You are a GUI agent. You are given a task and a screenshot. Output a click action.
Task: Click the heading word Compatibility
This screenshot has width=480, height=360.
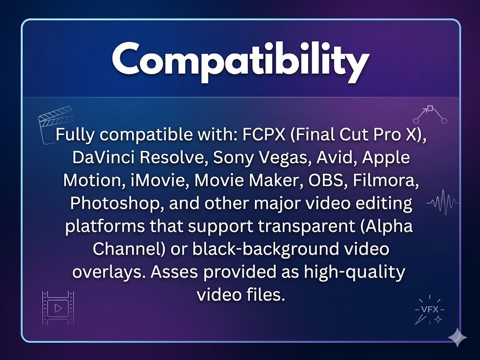pos(240,61)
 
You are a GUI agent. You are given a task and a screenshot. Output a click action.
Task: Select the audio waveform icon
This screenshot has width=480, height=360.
pos(442,202)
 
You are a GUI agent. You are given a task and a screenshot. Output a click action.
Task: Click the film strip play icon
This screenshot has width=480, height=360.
pos(58,308)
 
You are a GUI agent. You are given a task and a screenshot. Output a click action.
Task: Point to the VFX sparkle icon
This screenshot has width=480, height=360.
pos(429,310)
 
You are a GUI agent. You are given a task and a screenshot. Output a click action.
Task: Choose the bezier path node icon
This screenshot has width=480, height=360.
pos(430,114)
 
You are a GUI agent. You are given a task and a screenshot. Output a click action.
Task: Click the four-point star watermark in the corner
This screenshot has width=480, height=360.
pos(457,337)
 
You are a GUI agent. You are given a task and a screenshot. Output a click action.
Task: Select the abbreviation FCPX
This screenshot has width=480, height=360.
pos(264,135)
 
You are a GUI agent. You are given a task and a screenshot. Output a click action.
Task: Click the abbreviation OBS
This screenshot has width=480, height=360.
pos(325,180)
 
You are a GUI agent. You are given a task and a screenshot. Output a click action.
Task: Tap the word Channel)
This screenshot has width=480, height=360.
pos(129,249)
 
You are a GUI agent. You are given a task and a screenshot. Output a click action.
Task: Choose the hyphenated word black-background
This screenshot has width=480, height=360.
pos(266,249)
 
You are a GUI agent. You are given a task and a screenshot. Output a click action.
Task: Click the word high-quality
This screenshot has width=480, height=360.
pos(354,272)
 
